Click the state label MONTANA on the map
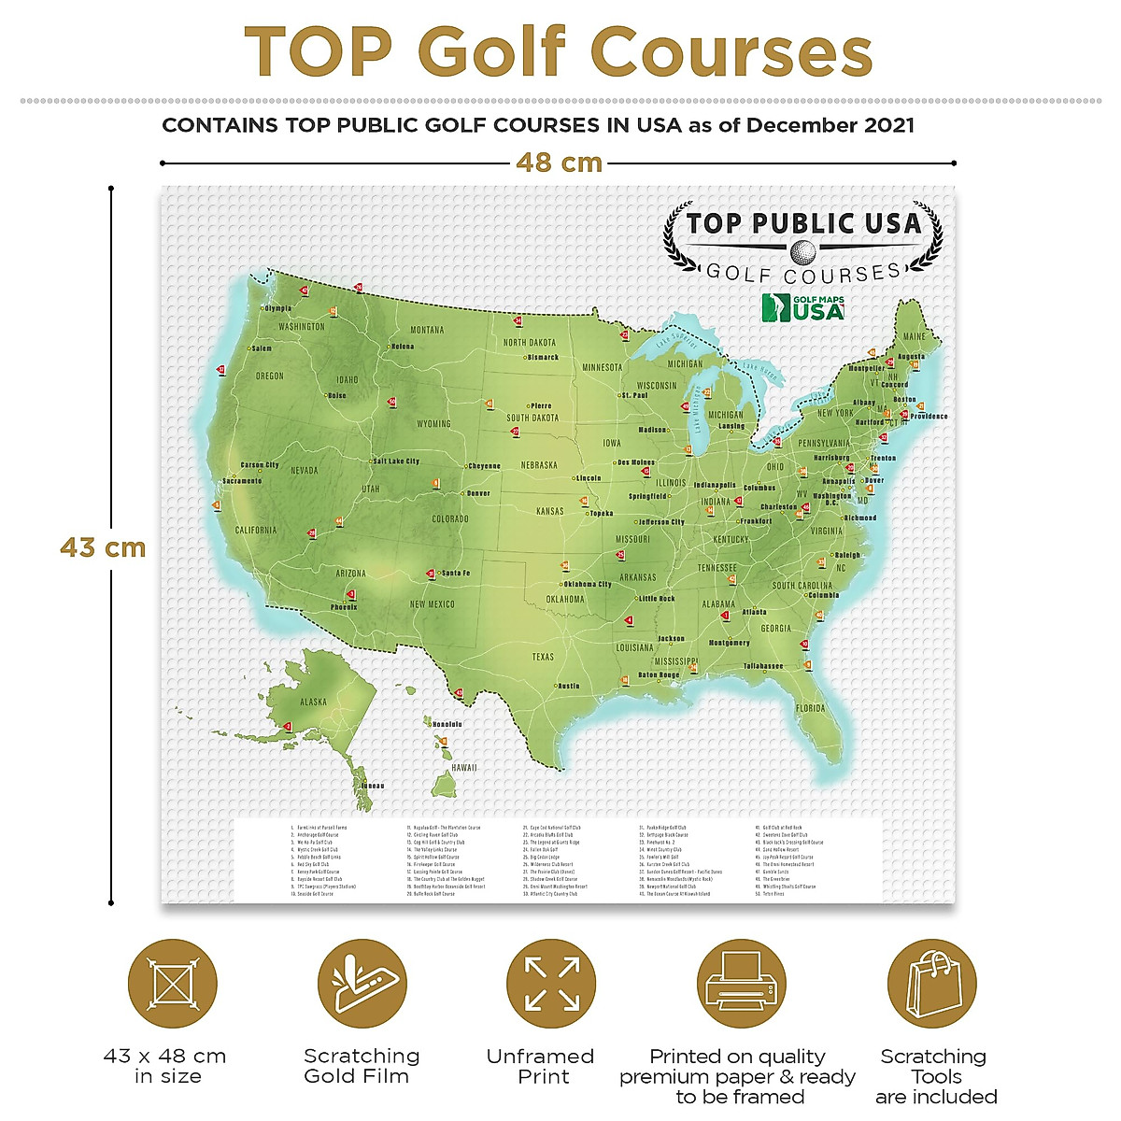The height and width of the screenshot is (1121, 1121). pos(427,330)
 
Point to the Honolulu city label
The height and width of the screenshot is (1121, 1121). pos(447,724)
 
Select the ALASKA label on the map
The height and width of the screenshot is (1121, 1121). pos(313,702)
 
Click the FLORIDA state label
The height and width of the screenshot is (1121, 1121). pos(810,708)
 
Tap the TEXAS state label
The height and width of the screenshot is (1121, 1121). pos(543,657)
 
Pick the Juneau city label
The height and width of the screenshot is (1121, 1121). pos(372,786)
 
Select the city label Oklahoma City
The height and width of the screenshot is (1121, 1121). pos(587,585)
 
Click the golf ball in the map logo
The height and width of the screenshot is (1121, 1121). pos(802,251)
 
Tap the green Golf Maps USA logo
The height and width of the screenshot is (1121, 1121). pos(803,307)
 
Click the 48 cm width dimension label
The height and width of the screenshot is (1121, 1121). pos(559,163)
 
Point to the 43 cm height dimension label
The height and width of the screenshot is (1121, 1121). pos(103,546)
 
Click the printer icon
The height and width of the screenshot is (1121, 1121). pos(742,985)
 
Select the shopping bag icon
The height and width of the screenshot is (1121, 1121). pos(931,985)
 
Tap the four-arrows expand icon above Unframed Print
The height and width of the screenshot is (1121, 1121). pos(551,985)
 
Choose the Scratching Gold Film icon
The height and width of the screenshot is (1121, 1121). pos(362,985)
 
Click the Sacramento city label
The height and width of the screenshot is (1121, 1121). pos(243,481)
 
